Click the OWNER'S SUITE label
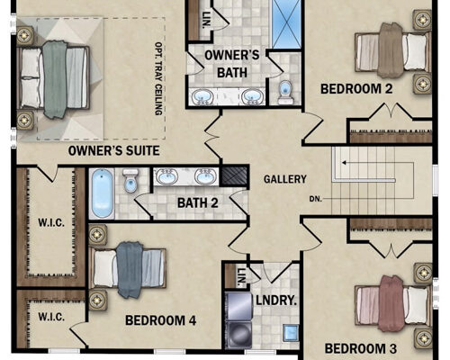(114, 150)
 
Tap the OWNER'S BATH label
(232, 63)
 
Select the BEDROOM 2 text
(356, 88)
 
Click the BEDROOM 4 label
(161, 319)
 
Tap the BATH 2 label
(198, 203)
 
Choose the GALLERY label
(284, 179)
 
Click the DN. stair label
(315, 199)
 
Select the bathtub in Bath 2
(103, 193)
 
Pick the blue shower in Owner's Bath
(289, 25)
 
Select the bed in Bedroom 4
(128, 269)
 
